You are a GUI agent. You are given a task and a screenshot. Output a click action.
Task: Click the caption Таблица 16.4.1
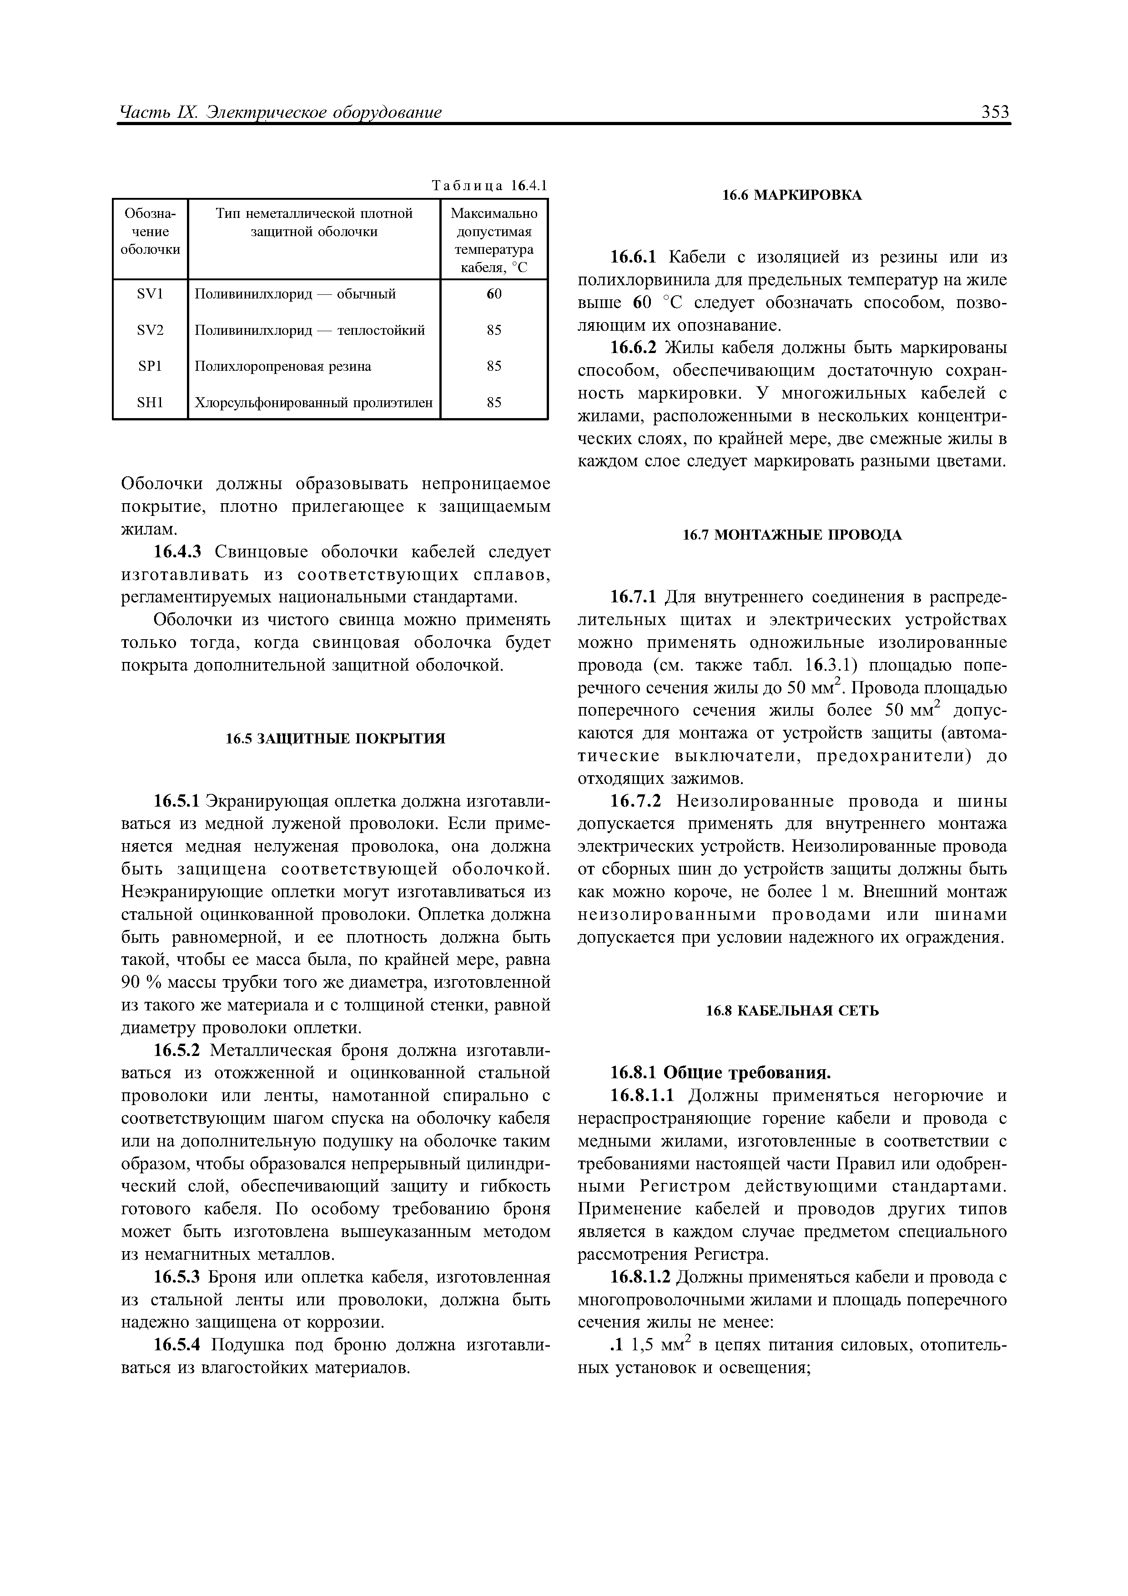coord(489,186)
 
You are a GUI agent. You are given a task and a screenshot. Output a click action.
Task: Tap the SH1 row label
coord(150,403)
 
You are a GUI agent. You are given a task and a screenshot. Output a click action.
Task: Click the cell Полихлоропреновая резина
coord(283,366)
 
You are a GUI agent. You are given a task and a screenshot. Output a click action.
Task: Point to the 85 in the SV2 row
coord(493,330)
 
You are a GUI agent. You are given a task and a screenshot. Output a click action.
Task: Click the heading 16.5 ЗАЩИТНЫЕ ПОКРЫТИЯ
coord(335,738)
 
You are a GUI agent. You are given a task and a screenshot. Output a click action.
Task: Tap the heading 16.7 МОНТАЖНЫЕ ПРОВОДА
coord(791,535)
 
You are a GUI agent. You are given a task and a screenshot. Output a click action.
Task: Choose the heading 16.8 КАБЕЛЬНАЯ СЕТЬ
coord(791,1011)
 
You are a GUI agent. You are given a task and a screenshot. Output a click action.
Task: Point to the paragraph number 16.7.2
coord(634,802)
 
